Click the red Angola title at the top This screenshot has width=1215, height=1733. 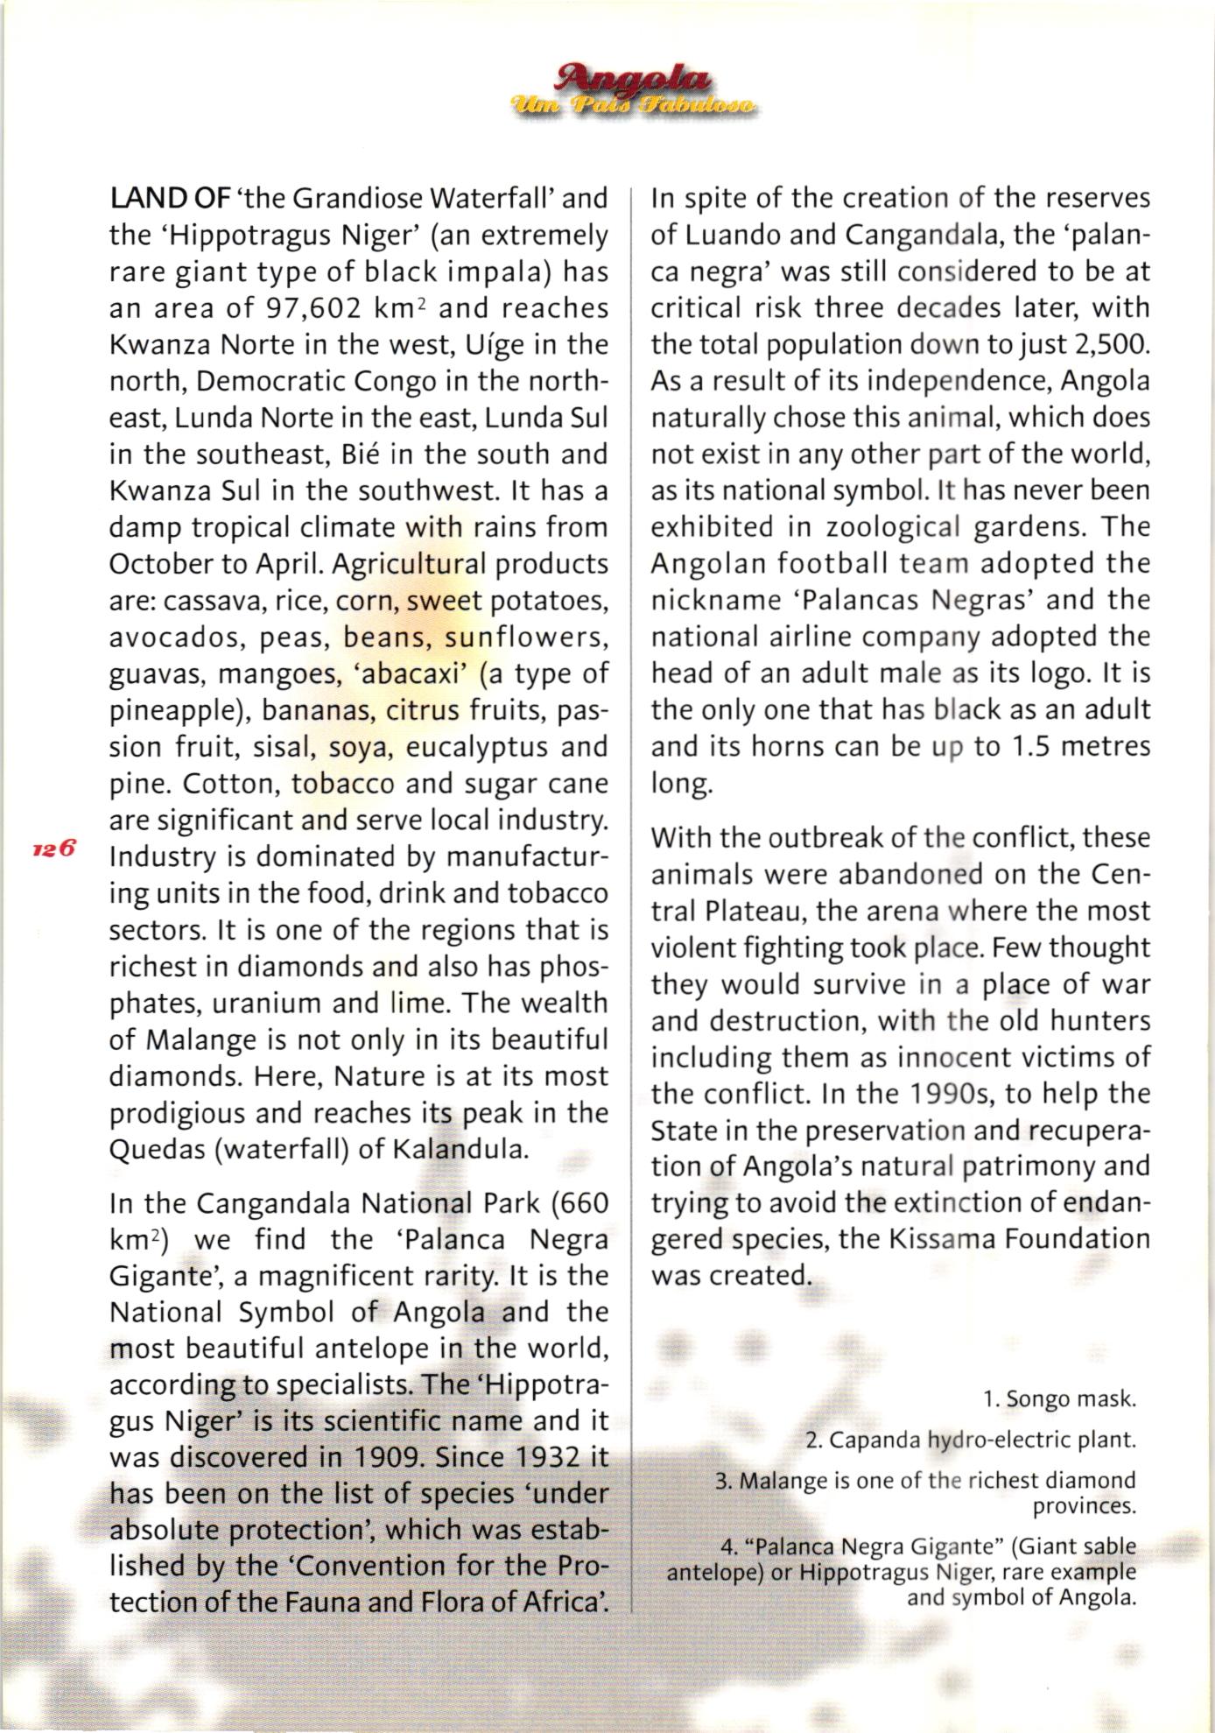tap(636, 79)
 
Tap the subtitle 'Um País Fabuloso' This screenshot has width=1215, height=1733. tap(636, 106)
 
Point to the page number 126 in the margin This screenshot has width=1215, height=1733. tap(55, 849)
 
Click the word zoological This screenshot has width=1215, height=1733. tap(894, 527)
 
